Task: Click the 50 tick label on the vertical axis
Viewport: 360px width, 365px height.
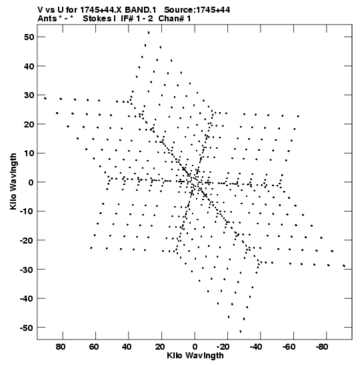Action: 29,37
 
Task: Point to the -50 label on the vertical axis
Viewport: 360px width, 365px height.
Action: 27,328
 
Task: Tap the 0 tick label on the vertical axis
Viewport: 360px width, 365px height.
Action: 31,182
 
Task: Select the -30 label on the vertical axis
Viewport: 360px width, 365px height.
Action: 27,270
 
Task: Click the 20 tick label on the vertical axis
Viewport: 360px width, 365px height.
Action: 29,124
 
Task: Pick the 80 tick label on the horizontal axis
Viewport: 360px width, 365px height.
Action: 61,347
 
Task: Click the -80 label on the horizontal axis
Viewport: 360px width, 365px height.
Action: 322,347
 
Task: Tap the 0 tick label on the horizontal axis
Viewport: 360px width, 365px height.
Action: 195,347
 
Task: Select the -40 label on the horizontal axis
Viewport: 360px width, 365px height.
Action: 256,347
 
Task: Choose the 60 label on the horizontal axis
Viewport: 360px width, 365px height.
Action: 94,347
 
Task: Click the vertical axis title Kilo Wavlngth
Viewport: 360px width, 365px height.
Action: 13,181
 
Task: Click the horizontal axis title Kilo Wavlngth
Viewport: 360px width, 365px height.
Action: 195,356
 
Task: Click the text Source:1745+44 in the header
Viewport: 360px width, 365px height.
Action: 197,10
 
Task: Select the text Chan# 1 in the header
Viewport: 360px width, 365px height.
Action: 175,19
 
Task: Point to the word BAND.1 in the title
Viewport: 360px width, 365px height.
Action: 140,10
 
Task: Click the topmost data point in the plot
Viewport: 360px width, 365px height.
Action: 149,33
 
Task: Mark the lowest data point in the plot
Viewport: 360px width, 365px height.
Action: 241,331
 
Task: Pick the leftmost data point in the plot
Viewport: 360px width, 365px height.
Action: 45,98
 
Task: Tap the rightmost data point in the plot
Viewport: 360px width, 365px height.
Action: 344,266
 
